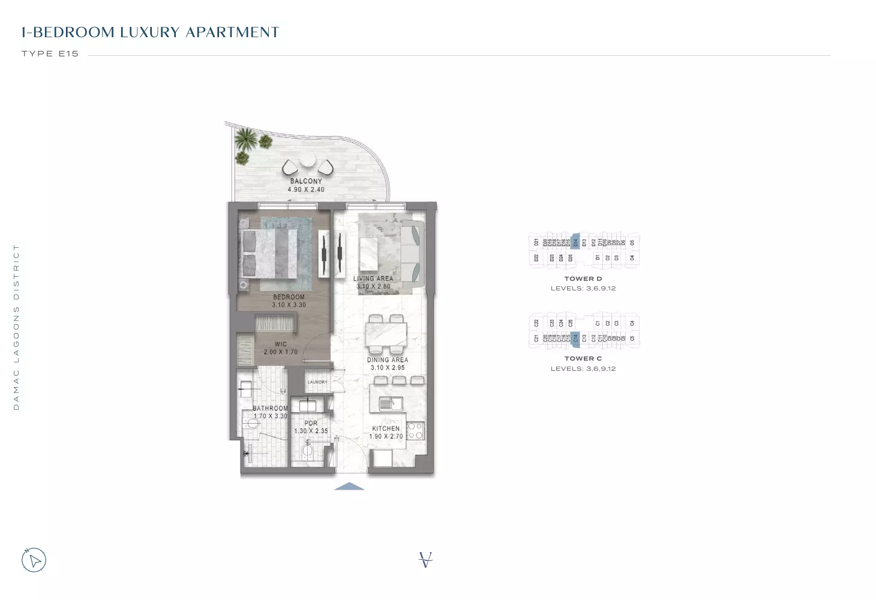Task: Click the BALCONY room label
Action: point(306,181)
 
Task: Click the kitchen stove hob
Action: point(415,430)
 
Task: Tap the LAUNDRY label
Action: point(317,382)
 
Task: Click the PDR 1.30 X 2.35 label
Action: point(311,427)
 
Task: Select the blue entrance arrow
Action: point(349,487)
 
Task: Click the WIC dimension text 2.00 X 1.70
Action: point(280,352)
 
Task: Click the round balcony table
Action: point(307,160)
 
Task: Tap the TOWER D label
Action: point(583,279)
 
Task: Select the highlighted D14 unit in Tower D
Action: point(575,242)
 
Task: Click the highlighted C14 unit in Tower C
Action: point(575,338)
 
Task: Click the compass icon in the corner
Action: point(34,560)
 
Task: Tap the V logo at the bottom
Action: point(425,560)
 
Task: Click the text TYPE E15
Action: point(50,54)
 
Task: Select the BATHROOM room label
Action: point(270,409)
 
